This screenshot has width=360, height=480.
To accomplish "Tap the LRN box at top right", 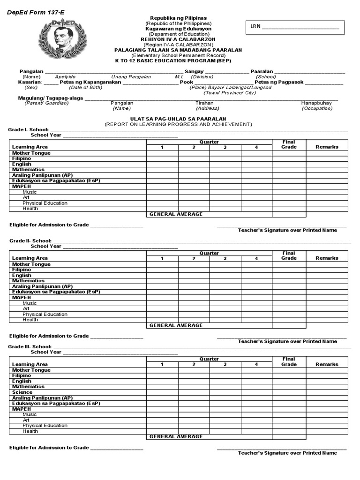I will point(295,27).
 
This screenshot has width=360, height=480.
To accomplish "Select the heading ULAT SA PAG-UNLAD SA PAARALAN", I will point(178,119).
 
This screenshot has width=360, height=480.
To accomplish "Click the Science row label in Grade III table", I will point(22,392).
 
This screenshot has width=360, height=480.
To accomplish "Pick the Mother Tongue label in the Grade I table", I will point(31,153).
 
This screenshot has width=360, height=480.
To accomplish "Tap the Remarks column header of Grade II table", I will point(327,258).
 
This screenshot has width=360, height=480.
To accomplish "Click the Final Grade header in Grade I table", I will point(289,144).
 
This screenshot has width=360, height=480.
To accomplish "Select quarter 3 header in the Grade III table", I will point(225,364).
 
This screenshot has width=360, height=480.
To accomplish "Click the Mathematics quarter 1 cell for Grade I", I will point(162,170).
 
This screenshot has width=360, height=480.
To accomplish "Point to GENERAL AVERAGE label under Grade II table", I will point(176,325).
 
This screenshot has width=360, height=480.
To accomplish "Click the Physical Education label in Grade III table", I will point(45,426).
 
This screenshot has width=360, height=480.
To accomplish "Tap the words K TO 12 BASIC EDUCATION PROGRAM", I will point(173,60).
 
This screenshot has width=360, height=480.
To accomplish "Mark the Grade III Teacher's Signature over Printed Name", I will point(287,453).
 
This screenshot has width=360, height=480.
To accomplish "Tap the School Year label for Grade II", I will point(46,246).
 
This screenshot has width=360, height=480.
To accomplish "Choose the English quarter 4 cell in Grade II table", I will point(256,275).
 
